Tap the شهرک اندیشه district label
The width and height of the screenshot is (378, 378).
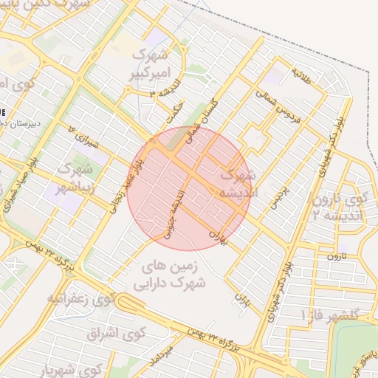click(238, 185)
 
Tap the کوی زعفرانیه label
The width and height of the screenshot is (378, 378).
click(82, 298)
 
